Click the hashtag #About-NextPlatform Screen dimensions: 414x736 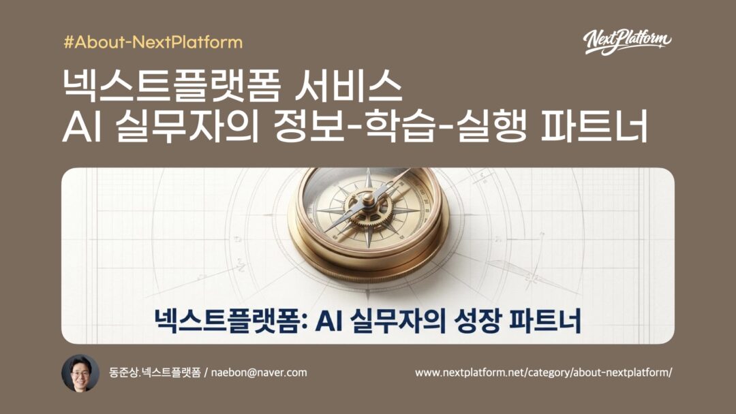[153, 42]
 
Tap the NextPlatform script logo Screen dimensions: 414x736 [627, 42]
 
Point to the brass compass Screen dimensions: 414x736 [367, 218]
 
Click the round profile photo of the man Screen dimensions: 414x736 [80, 373]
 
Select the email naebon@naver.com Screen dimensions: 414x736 [259, 372]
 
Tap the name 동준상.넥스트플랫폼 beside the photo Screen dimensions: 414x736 [155, 372]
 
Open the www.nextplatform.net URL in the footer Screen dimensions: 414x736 [543, 372]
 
